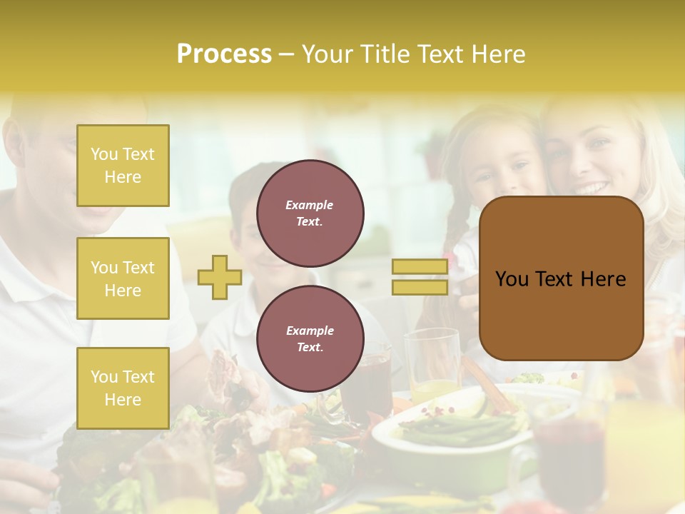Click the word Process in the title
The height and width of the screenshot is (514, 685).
tap(224, 54)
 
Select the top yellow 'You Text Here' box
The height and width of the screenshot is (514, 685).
tap(123, 166)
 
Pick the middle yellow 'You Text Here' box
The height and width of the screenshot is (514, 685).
tap(123, 278)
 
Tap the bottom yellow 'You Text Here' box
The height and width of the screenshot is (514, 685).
tap(123, 388)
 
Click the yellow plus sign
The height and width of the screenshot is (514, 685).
tap(220, 277)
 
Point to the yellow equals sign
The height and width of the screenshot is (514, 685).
tap(420, 277)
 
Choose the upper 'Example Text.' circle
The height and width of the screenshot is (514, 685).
tap(310, 213)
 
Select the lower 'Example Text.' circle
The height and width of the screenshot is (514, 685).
tap(310, 338)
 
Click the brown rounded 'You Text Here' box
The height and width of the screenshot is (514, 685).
tap(561, 278)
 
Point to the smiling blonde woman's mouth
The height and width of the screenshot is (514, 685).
tap(589, 188)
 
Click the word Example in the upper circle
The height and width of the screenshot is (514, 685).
tap(310, 205)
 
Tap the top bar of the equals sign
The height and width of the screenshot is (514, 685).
tap(420, 267)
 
